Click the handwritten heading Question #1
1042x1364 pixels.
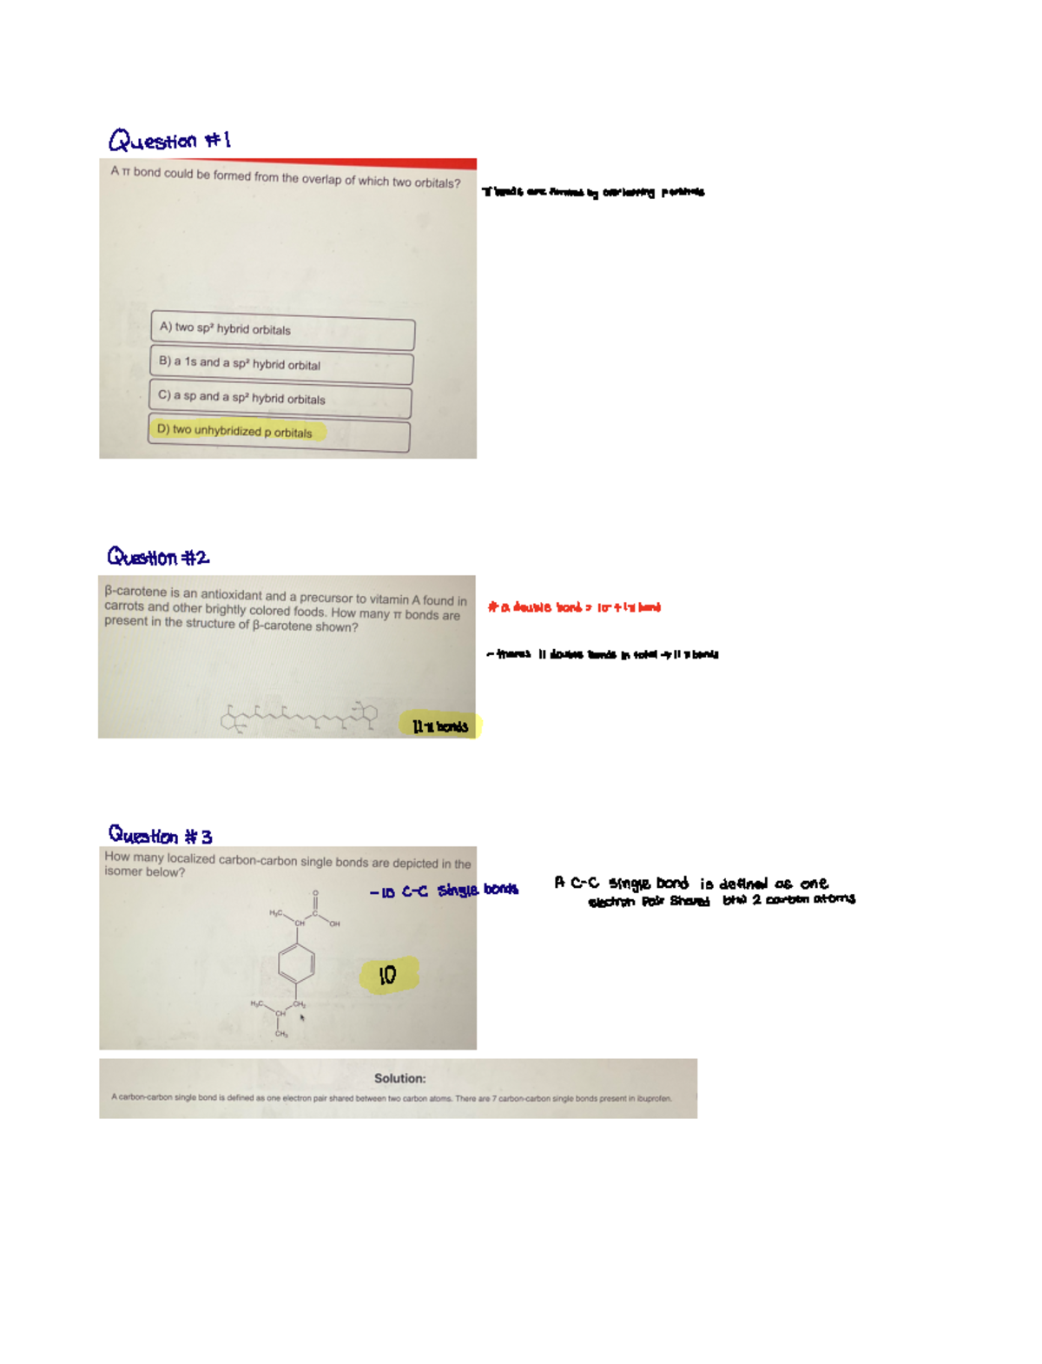point(169,140)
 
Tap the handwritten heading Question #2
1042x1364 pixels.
point(158,557)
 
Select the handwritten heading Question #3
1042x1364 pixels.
point(160,835)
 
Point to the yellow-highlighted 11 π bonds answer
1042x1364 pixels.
point(440,726)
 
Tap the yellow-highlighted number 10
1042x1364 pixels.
point(388,975)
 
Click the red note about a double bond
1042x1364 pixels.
point(574,607)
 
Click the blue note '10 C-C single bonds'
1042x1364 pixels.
point(444,891)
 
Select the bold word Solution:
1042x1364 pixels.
point(399,1078)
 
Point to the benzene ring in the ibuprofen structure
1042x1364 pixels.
point(296,963)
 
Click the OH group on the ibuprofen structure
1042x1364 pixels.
point(334,924)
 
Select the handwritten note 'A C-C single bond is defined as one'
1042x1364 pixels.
point(691,884)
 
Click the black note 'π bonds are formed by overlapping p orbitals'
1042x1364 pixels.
point(593,192)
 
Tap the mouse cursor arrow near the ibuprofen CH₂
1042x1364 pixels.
point(302,1017)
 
